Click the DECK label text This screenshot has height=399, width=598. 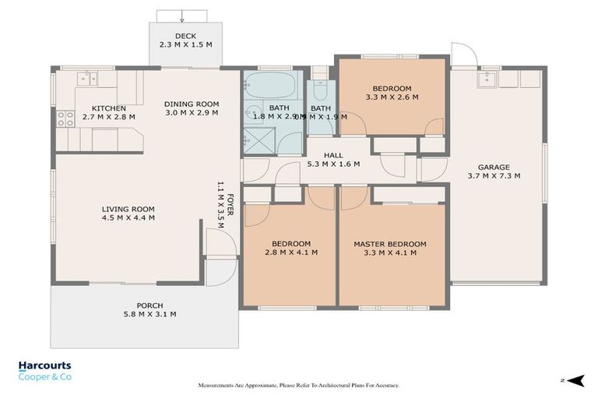(185, 36)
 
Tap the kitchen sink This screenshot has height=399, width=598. (88, 78)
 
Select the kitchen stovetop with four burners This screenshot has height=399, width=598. (65, 119)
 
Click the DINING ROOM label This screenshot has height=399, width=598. (191, 104)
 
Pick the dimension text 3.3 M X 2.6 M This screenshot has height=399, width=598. (392, 98)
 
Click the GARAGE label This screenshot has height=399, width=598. (494, 167)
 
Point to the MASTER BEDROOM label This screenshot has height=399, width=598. (389, 244)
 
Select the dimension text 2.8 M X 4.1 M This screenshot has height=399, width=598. (289, 252)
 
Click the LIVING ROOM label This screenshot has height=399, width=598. (128, 209)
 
